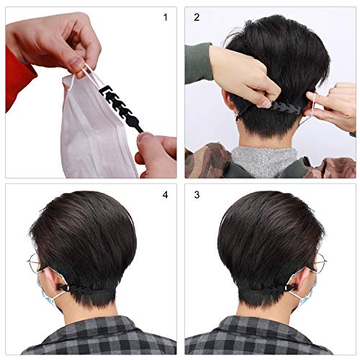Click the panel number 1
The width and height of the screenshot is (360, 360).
(165, 17)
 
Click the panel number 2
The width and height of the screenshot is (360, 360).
(197, 17)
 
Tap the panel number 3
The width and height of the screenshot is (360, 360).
(197, 194)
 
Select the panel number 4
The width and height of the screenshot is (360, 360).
(165, 194)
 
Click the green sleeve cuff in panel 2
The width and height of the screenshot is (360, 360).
(200, 63)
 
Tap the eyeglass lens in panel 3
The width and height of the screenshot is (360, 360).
(320, 263)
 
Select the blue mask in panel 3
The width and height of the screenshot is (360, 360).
(307, 294)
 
